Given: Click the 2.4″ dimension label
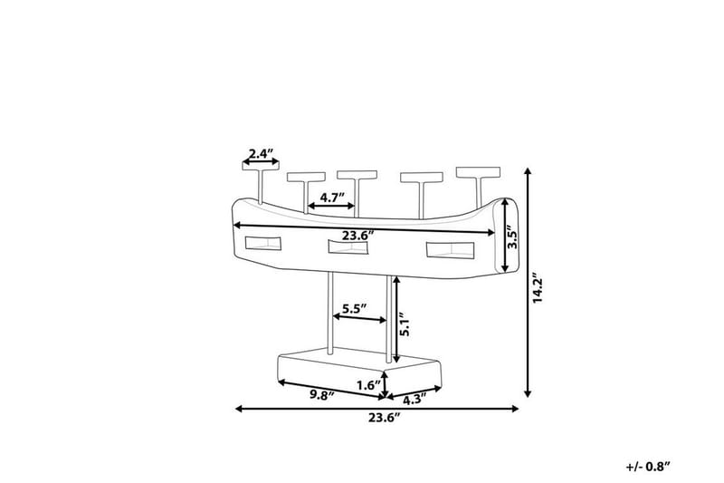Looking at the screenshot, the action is pyautogui.click(x=262, y=153).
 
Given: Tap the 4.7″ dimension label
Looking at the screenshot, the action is pyautogui.click(x=332, y=198).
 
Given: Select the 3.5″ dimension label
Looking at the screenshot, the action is pyautogui.click(x=513, y=237).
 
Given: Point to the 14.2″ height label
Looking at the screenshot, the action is pyautogui.click(x=538, y=290).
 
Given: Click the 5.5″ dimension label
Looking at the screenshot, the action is pyautogui.click(x=354, y=309).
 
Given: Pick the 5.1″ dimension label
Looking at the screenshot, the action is pyautogui.click(x=405, y=324).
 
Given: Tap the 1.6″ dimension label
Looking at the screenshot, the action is pyautogui.click(x=369, y=385).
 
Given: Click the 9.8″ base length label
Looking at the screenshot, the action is pyautogui.click(x=322, y=395).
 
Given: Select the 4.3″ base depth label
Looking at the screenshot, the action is pyautogui.click(x=415, y=400).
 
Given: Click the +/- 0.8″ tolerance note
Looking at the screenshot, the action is pyautogui.click(x=648, y=467).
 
